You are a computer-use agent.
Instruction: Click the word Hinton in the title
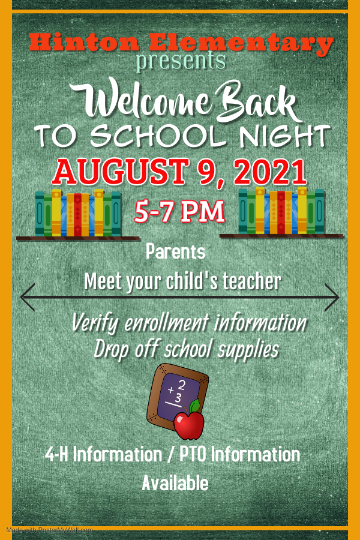point(84,43)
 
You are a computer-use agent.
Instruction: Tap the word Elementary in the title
point(241,44)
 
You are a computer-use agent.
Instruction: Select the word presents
point(181,62)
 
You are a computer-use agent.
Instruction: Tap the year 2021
point(271,171)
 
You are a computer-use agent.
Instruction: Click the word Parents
point(175,251)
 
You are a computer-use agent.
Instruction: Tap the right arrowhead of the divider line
point(332,298)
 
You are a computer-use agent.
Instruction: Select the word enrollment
point(167,323)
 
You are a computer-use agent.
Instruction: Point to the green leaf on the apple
point(195,406)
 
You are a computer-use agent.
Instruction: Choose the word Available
point(175,483)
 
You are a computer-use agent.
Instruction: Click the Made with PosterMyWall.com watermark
point(49,530)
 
